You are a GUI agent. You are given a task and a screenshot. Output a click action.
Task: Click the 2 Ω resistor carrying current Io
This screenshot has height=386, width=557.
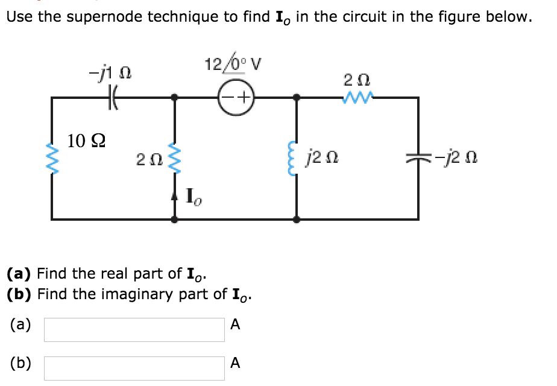175,158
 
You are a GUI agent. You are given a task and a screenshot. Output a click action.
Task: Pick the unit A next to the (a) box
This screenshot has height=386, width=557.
235,326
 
